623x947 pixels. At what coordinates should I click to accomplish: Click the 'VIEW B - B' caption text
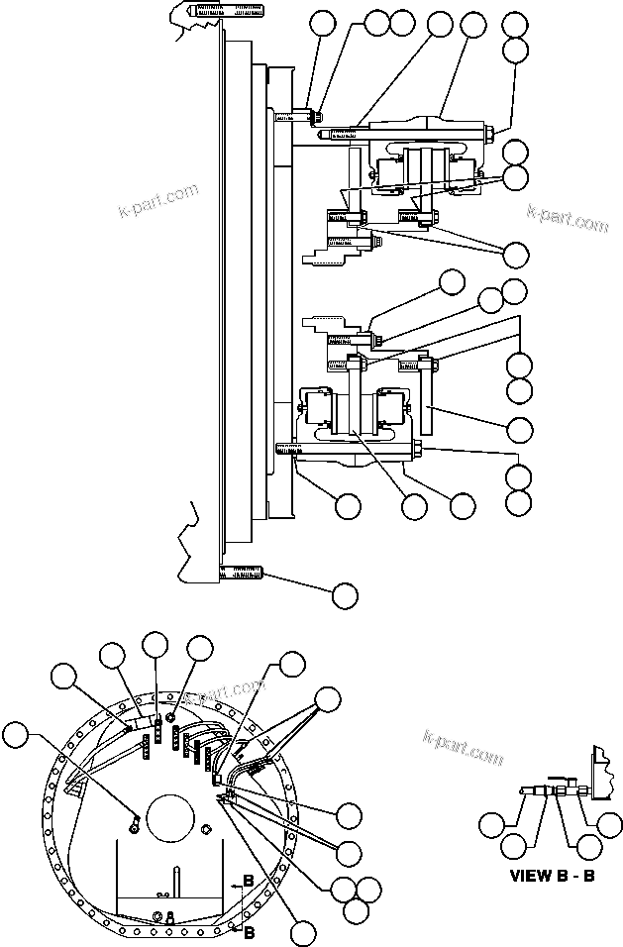(552, 875)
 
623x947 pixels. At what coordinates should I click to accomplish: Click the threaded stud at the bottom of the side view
(241, 572)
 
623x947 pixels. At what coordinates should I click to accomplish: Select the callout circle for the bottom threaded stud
(344, 594)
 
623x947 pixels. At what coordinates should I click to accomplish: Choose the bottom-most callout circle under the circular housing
(304, 932)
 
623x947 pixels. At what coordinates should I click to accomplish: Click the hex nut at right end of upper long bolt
(491, 129)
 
